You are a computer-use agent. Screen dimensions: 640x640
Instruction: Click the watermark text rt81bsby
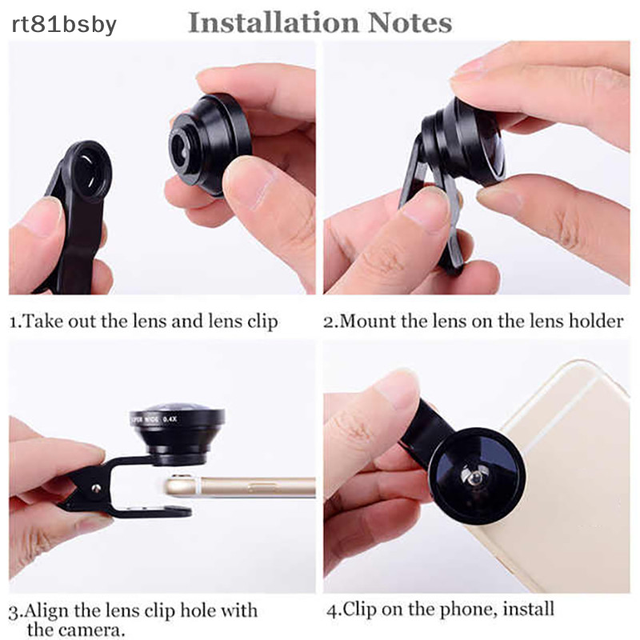pos(64,24)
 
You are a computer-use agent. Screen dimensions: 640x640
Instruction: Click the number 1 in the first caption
pos(13,322)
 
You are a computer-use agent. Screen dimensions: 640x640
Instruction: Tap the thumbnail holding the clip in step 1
pos(40,216)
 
